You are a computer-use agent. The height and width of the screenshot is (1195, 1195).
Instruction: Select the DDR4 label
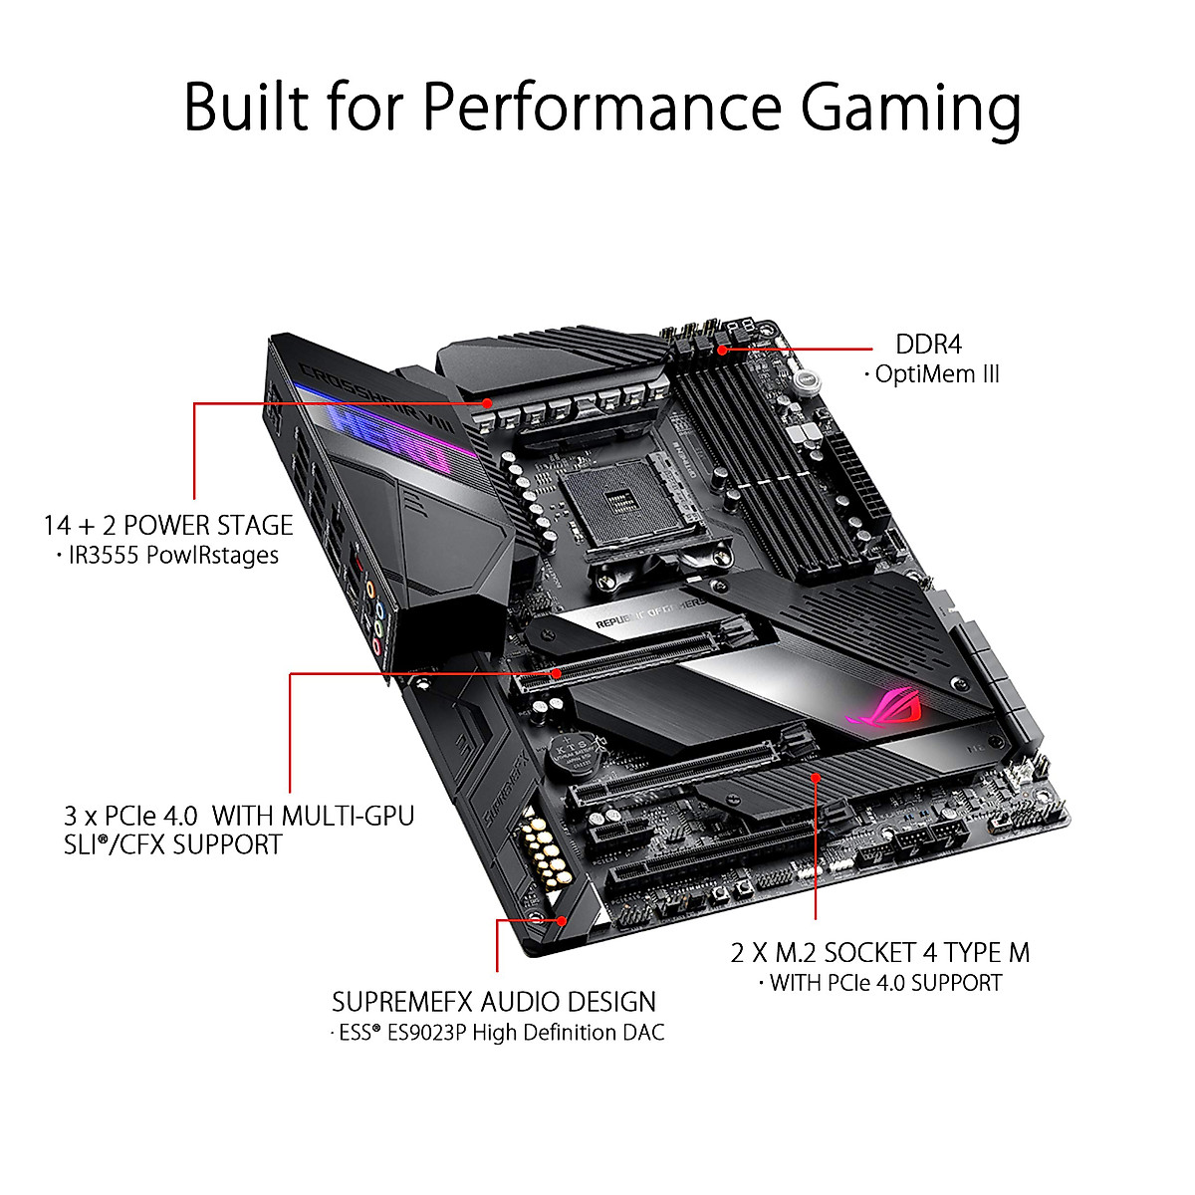pyautogui.click(x=929, y=345)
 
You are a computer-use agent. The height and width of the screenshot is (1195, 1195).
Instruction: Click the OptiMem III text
pyautogui.click(x=936, y=374)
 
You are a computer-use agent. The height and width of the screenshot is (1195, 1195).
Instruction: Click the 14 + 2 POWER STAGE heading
pyautogui.click(x=168, y=525)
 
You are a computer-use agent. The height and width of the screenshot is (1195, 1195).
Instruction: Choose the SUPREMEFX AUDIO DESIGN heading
pyautogui.click(x=494, y=1002)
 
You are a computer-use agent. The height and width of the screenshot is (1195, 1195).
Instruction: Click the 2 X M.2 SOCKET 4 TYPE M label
pyautogui.click(x=880, y=952)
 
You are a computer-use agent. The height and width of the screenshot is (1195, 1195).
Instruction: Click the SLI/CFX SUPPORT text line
pyautogui.click(x=172, y=844)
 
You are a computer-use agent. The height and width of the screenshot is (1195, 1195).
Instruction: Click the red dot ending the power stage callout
pyautogui.click(x=488, y=403)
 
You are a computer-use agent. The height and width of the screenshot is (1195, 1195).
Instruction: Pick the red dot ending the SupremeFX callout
pyautogui.click(x=563, y=921)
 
